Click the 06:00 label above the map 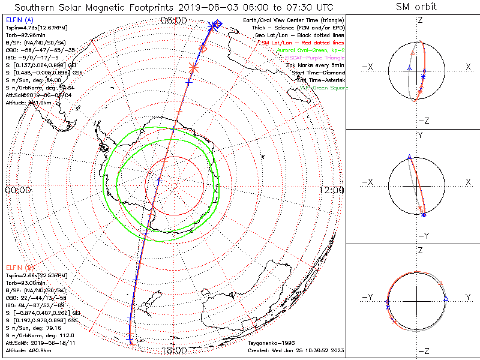174,20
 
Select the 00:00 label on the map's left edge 18,190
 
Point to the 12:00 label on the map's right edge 331,190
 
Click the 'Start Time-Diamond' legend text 314,73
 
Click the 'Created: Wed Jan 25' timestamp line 295,350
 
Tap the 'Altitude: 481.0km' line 28,103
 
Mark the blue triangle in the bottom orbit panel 446,298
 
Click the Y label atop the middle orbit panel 420,136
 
